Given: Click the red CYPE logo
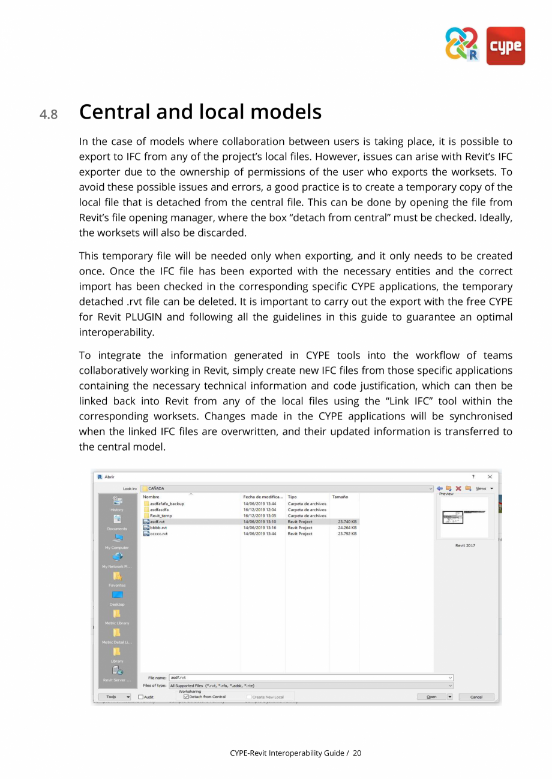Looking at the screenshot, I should tap(505, 46).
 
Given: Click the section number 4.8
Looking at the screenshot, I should tap(49, 114).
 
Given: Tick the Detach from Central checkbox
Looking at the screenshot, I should tap(186, 697).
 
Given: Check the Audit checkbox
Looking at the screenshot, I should tap(141, 697).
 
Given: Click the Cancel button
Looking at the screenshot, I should tap(476, 697).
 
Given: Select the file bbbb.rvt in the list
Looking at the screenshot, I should tap(158, 528).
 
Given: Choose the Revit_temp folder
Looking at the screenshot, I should tap(161, 515).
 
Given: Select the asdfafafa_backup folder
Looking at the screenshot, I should tap(167, 504).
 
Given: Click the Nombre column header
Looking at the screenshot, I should tap(151, 497).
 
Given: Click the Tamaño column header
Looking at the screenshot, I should tap(340, 497).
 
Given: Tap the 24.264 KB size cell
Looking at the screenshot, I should tap(347, 528).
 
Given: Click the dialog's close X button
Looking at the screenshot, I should tap(490, 477).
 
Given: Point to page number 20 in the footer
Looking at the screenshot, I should tap(357, 753).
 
